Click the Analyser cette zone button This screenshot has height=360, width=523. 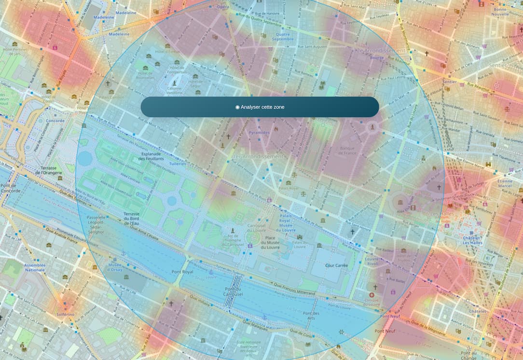click(260, 107)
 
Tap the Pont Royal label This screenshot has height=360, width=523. click(182, 272)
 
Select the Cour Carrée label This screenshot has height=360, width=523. click(336, 265)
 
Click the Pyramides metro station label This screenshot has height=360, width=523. click(260, 132)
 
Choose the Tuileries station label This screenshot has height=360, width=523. click(178, 164)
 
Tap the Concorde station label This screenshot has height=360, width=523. click(55, 121)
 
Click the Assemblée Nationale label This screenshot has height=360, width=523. click(35, 268)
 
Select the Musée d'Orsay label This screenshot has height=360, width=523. click(115, 268)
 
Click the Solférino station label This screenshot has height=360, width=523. click(65, 314)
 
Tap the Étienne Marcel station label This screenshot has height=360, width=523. click(505, 183)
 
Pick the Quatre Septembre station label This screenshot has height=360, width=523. click(282, 37)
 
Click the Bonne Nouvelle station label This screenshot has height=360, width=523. click(507, 12)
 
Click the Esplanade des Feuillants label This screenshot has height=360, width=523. click(151, 156)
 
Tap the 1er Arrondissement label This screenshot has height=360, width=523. click(258, 157)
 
